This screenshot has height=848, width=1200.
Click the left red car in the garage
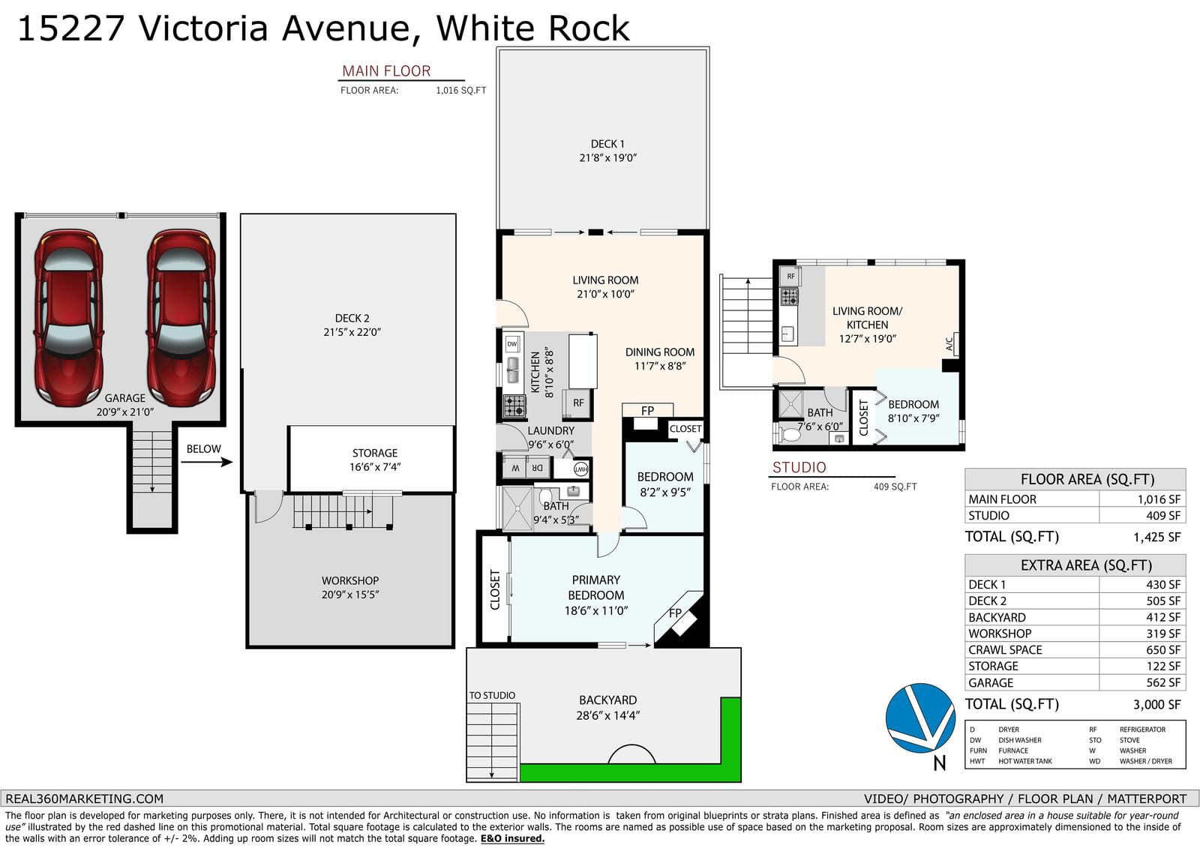(x=69, y=317)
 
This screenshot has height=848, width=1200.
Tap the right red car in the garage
(x=181, y=317)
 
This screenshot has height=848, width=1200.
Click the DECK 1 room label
(x=607, y=151)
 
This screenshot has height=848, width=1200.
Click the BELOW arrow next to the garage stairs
(x=207, y=462)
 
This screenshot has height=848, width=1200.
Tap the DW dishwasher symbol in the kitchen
(x=512, y=344)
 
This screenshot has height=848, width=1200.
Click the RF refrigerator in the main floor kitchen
(x=577, y=403)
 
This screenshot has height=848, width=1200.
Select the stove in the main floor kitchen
(x=514, y=406)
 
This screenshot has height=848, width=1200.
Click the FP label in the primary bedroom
(x=675, y=613)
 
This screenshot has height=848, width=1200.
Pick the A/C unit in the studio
(x=952, y=343)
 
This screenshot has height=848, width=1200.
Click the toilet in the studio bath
(x=787, y=434)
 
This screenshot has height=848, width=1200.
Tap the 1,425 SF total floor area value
(x=1156, y=537)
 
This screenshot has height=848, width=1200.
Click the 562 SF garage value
(x=1163, y=682)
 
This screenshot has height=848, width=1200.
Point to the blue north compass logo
(x=919, y=718)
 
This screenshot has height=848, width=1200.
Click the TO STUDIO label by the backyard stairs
(x=492, y=695)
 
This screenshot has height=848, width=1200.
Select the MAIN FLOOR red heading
(x=386, y=70)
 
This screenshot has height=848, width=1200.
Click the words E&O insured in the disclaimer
(x=512, y=838)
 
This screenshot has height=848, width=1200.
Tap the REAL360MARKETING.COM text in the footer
(x=84, y=799)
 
